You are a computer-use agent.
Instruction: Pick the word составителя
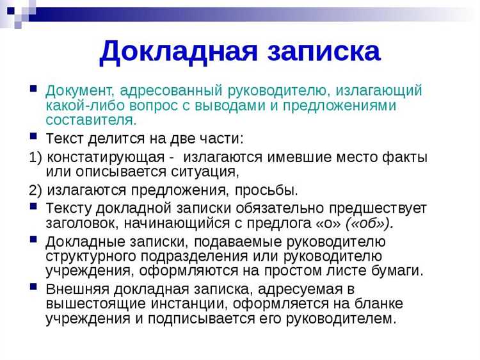[91, 120]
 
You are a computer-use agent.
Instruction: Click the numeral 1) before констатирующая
[36, 157]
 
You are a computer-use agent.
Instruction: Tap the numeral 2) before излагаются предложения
[36, 190]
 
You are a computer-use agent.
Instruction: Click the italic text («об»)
[369, 223]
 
